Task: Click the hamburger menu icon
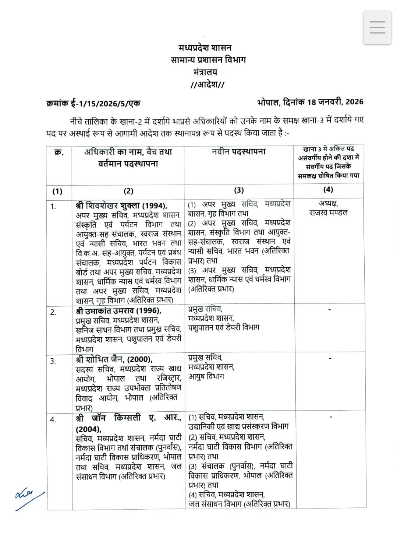[377, 28]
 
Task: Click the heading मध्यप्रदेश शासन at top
[205, 48]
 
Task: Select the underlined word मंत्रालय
[205, 72]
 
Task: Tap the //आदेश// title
[208, 85]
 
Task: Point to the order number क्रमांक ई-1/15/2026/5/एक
[93, 103]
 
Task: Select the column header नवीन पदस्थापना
[238, 152]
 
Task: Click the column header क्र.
[59, 152]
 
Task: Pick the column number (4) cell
[328, 190]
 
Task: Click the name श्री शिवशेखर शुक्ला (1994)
[121, 205]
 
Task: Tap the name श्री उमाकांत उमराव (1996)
[118, 310]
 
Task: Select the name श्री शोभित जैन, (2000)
[114, 359]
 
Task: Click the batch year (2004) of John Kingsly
[89, 429]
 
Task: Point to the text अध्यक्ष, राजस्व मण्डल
[328, 208]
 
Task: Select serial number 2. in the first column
[53, 312]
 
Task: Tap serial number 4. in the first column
[53, 420]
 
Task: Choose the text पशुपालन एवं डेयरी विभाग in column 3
[224, 327]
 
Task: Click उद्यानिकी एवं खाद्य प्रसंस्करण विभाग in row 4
[238, 426]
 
